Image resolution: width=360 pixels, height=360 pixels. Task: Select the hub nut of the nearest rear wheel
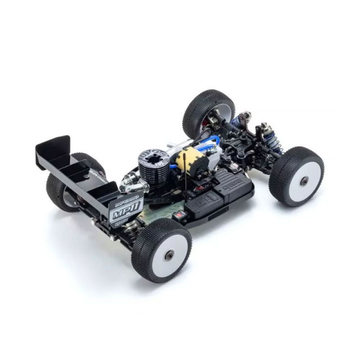[x=168, y=255]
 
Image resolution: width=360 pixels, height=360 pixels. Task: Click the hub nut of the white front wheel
[x=303, y=181]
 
